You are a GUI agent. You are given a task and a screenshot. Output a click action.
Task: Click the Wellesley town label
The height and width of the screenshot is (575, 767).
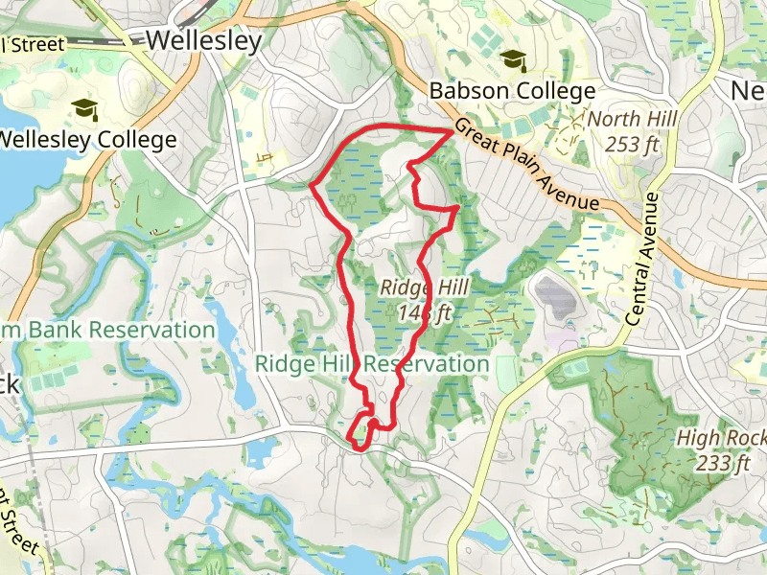(x=203, y=41)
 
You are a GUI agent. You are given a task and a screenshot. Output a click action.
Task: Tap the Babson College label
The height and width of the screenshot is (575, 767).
(x=512, y=92)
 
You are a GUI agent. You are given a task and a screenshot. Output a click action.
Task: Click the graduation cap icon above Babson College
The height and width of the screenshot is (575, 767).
(x=514, y=60)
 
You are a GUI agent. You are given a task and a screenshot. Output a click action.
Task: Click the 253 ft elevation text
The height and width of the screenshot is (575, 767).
(x=632, y=144)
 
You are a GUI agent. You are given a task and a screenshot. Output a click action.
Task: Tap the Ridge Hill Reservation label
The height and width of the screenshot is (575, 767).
(x=372, y=364)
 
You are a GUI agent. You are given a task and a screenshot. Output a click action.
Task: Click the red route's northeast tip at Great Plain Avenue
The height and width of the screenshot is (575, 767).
(x=453, y=131)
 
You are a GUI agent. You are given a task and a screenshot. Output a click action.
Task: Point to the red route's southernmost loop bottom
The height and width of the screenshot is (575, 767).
(x=359, y=447)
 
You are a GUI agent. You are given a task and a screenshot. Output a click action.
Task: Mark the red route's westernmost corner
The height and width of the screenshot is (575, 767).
(x=312, y=185)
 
